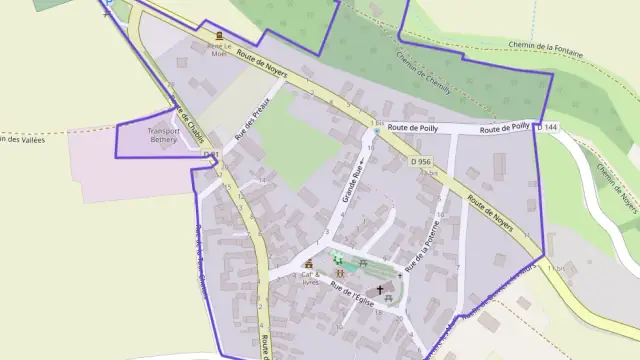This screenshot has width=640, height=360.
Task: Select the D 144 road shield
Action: coord(546,127)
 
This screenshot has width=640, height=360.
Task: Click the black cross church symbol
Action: coord(380,289)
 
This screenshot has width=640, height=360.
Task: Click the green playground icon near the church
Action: coord(337,257)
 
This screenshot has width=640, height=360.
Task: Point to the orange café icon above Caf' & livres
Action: coord(309,265)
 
